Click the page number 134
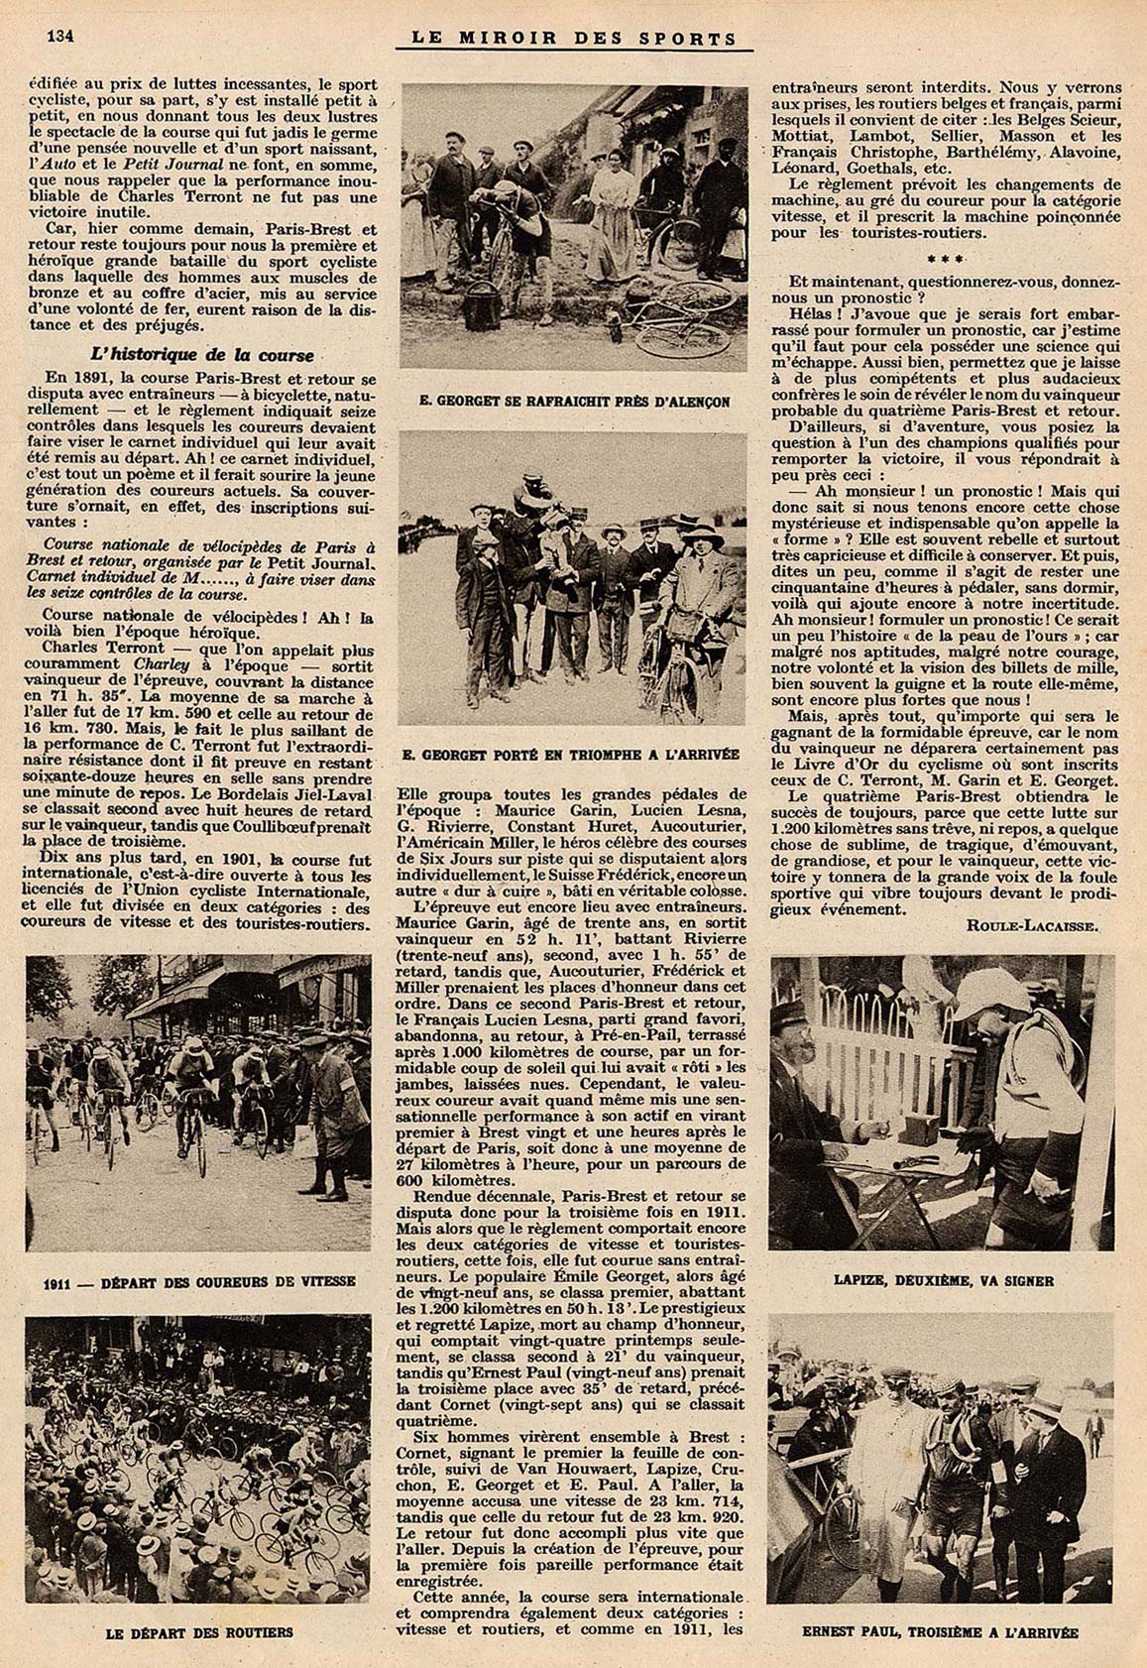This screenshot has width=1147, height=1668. pyautogui.click(x=61, y=36)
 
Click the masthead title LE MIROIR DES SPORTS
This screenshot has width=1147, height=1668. pyautogui.click(x=574, y=39)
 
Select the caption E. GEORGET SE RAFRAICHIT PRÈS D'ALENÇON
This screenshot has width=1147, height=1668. pyautogui.click(x=573, y=402)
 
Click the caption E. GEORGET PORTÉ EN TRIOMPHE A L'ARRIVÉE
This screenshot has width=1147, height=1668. pyautogui.click(x=571, y=755)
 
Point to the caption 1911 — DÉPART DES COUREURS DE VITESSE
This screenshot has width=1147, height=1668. pyautogui.click(x=199, y=1281)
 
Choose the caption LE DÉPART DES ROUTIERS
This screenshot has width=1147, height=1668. pyautogui.click(x=198, y=1631)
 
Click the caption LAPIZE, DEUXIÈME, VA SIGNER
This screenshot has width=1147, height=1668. pyautogui.click(x=943, y=1280)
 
